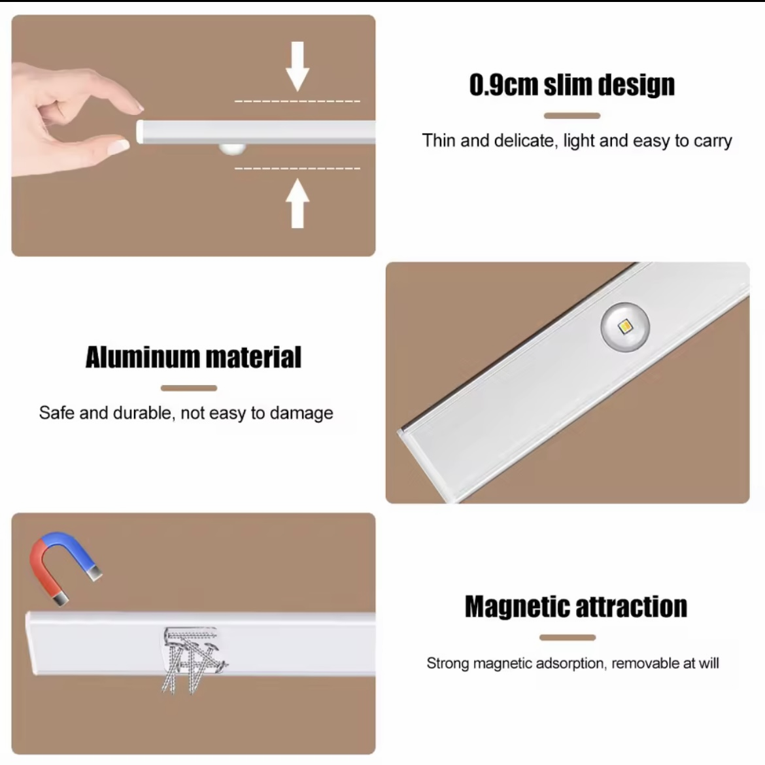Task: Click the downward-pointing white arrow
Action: [x=297, y=65]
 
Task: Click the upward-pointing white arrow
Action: [x=297, y=203]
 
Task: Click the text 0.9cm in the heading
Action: [x=503, y=85]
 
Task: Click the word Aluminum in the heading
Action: [x=142, y=358]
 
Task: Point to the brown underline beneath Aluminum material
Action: [x=188, y=388]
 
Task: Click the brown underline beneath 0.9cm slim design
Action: [x=571, y=116]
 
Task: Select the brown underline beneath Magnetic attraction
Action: [x=567, y=637]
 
